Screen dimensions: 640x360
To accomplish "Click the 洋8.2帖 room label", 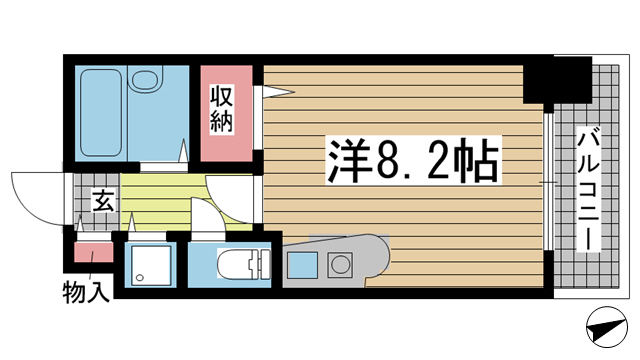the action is point(413,161).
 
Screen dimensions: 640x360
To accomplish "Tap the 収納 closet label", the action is point(221,109).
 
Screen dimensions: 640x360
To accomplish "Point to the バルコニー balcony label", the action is point(588,189).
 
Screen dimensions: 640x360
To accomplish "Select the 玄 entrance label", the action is point(103,200).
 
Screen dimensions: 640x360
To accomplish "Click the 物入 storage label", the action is point(86,292).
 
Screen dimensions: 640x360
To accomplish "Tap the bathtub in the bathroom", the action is point(101,113).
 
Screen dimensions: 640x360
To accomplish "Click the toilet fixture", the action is point(244,264).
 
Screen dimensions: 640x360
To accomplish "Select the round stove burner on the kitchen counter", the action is point(339,264).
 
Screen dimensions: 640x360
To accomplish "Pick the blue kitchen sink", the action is point(302,265).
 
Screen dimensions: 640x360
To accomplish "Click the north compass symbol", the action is point(607,327).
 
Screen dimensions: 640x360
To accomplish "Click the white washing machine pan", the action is point(151,265).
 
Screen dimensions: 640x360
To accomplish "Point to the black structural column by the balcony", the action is point(558,80).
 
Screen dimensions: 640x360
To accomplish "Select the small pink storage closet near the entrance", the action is point(93,252).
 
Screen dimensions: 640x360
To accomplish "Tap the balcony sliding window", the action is point(549,181).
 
